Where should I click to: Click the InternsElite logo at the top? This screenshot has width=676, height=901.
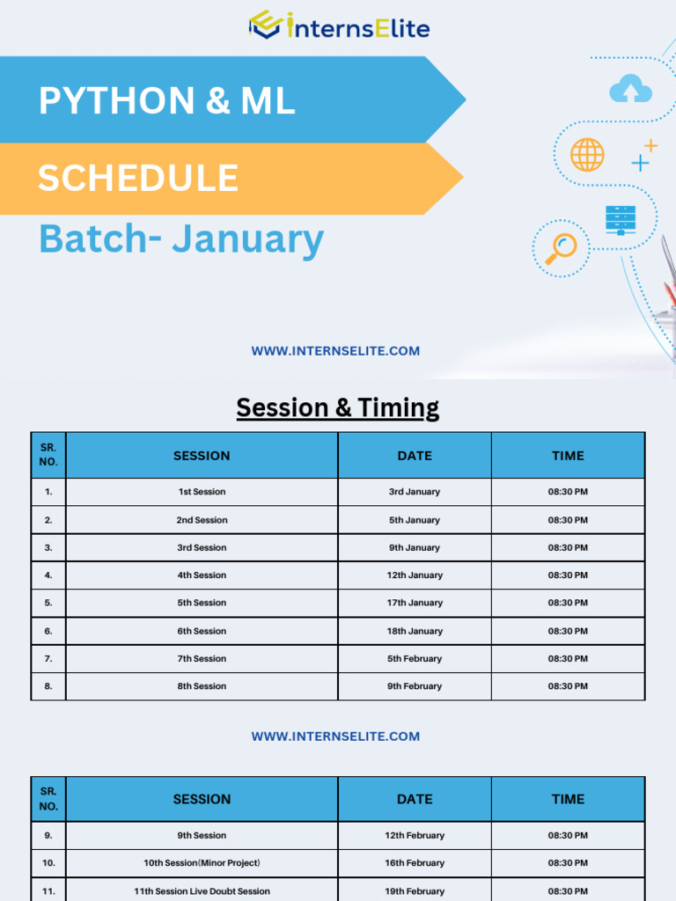pos(339,26)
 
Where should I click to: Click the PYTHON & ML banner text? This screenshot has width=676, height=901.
pos(166,101)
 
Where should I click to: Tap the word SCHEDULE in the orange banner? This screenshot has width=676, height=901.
pos(138,179)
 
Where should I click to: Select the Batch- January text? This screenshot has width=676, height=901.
pos(181,239)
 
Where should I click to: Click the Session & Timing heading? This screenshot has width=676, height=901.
pos(338,407)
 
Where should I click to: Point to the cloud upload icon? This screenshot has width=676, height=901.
pos(630,89)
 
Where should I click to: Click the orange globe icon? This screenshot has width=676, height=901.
pos(587,155)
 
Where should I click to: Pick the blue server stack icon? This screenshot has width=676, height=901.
pos(621,219)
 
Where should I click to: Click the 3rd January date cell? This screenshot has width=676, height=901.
pos(415,492)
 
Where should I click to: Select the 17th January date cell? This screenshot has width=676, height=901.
pos(415,603)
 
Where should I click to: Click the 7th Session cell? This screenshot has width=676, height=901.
pos(202,658)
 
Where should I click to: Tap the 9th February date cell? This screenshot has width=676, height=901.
pos(415,686)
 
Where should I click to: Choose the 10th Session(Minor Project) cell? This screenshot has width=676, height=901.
pos(202,863)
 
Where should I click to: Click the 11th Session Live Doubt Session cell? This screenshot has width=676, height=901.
pos(202,890)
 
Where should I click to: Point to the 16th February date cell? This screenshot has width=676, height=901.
pos(415,863)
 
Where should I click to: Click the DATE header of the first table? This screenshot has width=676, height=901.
pos(415,456)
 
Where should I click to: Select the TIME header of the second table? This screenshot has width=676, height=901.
pos(568,799)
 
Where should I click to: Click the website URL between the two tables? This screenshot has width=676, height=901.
pos(335,736)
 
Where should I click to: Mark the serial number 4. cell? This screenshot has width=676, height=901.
pos(48,575)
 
